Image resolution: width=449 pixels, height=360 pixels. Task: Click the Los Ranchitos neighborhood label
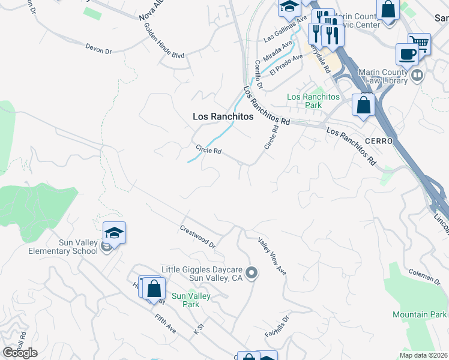click(223, 117)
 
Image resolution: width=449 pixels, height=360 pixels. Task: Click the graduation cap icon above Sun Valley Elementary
click(114, 232)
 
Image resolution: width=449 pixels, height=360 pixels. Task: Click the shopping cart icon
click(419, 43)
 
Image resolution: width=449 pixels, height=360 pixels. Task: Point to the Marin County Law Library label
click(391, 76)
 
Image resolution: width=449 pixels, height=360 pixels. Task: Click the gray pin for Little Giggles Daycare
click(253, 274)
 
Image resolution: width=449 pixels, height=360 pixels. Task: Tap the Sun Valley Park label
click(185, 300)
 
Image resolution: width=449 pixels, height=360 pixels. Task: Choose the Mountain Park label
click(420, 314)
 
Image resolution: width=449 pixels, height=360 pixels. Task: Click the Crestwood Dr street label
click(197, 236)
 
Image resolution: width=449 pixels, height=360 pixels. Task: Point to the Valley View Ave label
click(272, 256)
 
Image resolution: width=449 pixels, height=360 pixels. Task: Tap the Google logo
click(20, 353)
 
